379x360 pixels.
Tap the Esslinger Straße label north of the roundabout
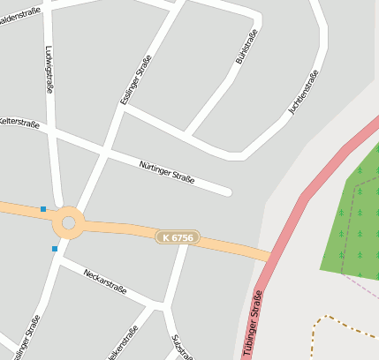click(x=134, y=79)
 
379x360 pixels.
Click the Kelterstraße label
click(x=19, y=119)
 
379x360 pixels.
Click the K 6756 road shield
click(x=178, y=237)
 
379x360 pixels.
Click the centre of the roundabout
click(x=68, y=222)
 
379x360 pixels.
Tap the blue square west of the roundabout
click(x=42, y=209)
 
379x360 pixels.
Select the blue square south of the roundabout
click(x=55, y=249)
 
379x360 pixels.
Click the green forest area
click(x=353, y=221)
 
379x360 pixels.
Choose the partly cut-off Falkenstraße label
click(x=122, y=345)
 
